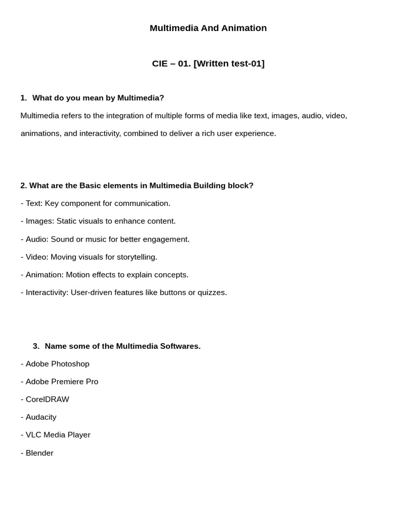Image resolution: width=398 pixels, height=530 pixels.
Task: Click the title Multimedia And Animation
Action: coord(208,28)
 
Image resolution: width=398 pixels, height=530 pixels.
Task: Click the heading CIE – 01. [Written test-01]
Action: coord(208,64)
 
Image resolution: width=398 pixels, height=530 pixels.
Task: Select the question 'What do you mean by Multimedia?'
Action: coord(98,98)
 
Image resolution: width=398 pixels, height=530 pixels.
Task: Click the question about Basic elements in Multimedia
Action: coord(137,185)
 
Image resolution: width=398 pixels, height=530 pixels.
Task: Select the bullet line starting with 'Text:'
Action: coord(95,203)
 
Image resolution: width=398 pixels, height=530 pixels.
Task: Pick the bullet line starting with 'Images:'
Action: coord(98,221)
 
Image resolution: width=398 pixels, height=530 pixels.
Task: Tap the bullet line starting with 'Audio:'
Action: coord(105,239)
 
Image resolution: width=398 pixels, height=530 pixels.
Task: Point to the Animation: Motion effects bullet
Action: coord(105,274)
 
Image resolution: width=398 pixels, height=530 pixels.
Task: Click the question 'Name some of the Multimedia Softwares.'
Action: coord(122,346)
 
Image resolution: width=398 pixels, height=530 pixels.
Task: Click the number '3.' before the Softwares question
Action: coord(36,346)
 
